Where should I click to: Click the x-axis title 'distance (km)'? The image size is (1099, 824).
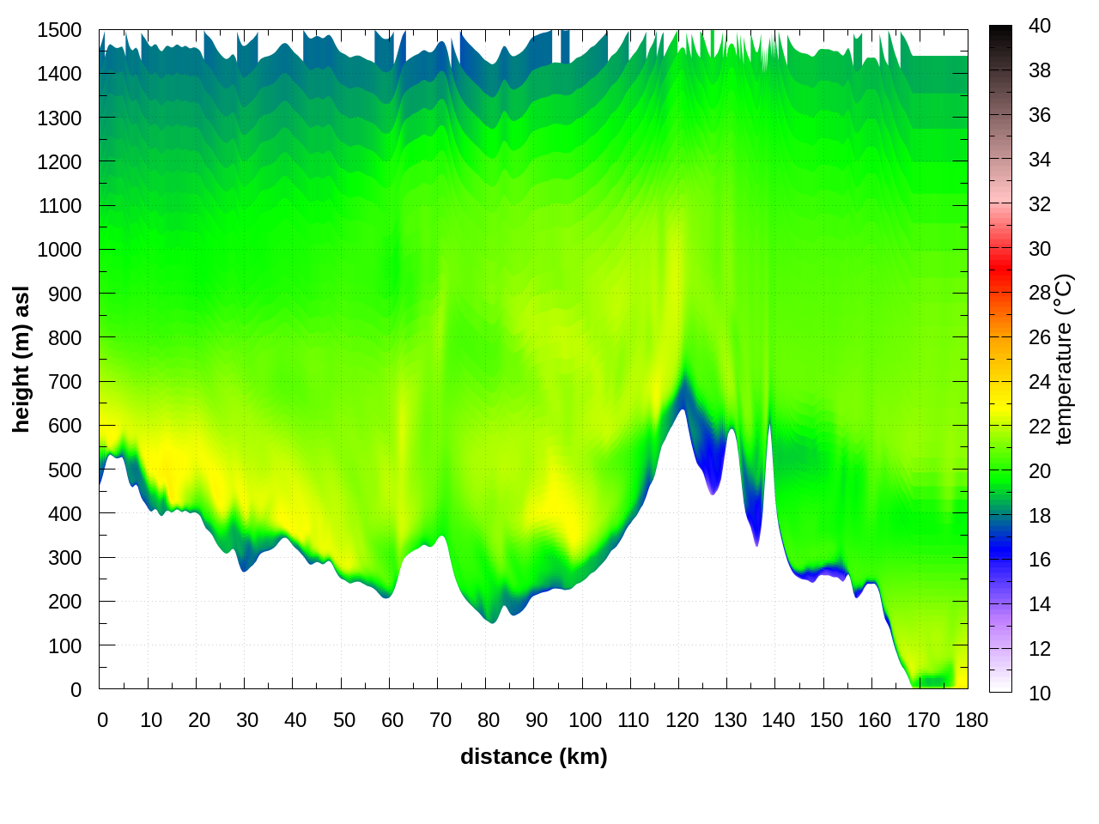(533, 756)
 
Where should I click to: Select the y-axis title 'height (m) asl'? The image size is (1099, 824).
(21, 359)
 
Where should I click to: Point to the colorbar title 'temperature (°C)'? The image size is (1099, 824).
(1064, 359)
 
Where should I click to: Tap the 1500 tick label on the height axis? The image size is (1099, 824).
(59, 30)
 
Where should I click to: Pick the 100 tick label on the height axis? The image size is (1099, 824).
(64, 645)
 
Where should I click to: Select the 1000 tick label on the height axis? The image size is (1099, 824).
(59, 250)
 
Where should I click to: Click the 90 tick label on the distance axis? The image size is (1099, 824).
(537, 720)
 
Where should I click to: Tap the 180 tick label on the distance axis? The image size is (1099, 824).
(971, 720)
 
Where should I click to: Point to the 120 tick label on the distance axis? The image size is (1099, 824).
(682, 720)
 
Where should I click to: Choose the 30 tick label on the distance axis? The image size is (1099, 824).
(247, 720)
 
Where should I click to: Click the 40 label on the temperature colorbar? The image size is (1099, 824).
(1040, 26)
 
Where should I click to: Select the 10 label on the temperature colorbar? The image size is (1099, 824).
(1040, 693)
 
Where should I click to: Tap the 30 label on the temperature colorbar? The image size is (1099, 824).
(1040, 249)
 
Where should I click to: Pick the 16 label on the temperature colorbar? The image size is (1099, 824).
(1040, 560)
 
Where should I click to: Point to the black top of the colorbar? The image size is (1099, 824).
(1000, 34)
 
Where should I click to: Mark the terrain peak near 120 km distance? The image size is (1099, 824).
(683, 409)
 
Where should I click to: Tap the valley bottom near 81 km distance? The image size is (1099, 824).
(491, 621)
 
